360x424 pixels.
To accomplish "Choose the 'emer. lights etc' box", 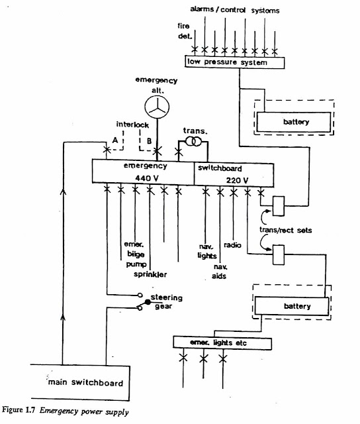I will point(222,342).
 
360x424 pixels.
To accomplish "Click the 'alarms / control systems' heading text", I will point(234,11).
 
